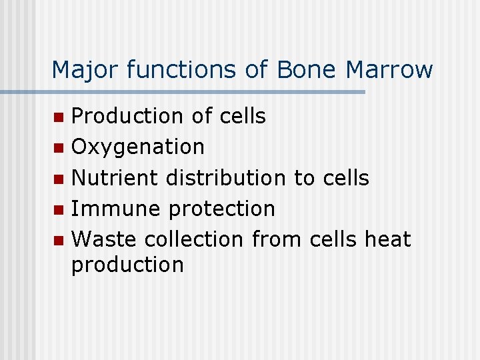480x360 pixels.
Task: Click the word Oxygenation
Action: click(x=138, y=147)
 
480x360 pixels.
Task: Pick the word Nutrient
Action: click(x=115, y=178)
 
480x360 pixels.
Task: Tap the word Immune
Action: click(x=116, y=209)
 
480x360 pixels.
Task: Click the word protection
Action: click(x=221, y=209)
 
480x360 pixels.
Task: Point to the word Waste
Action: click(x=104, y=239)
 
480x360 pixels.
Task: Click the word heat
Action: click(x=388, y=239)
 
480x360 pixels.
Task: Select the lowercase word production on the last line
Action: click(x=127, y=265)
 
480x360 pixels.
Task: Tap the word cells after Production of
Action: click(x=242, y=116)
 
